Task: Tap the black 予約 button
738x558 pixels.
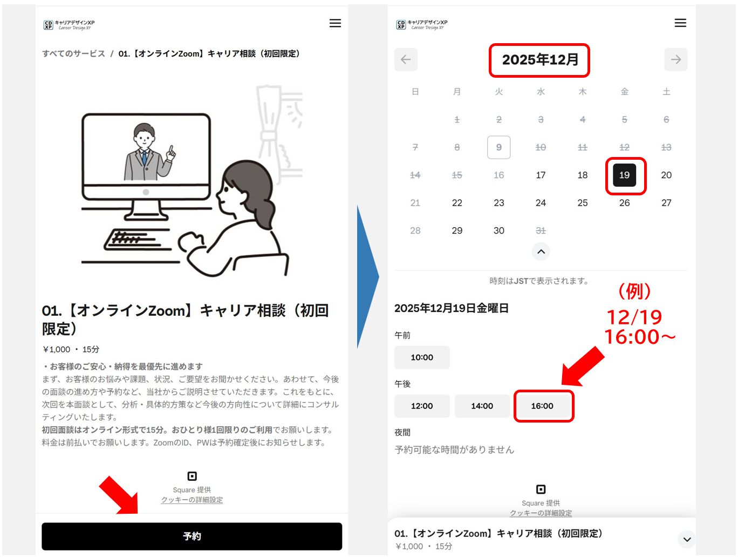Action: (192, 536)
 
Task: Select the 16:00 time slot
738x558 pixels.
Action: (542, 406)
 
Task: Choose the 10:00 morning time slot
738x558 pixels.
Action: (422, 357)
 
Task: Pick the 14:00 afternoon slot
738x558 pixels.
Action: (482, 406)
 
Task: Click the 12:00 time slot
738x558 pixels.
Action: (422, 406)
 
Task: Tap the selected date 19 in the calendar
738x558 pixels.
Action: (624, 175)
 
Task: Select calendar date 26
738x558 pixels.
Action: (624, 203)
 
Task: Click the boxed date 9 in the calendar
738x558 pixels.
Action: (498, 147)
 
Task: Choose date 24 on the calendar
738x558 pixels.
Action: (541, 203)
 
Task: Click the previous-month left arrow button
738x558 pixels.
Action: (406, 59)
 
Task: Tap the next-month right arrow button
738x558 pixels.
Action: (675, 59)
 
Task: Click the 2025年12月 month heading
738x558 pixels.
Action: (540, 59)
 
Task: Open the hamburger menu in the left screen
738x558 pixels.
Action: (335, 23)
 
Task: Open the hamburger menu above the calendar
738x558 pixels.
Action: (680, 23)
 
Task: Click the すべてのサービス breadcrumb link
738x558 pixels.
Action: (73, 53)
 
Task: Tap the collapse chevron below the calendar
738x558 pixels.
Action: (541, 251)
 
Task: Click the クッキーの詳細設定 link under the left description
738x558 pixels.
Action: (192, 500)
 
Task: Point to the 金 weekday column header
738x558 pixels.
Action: (624, 92)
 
